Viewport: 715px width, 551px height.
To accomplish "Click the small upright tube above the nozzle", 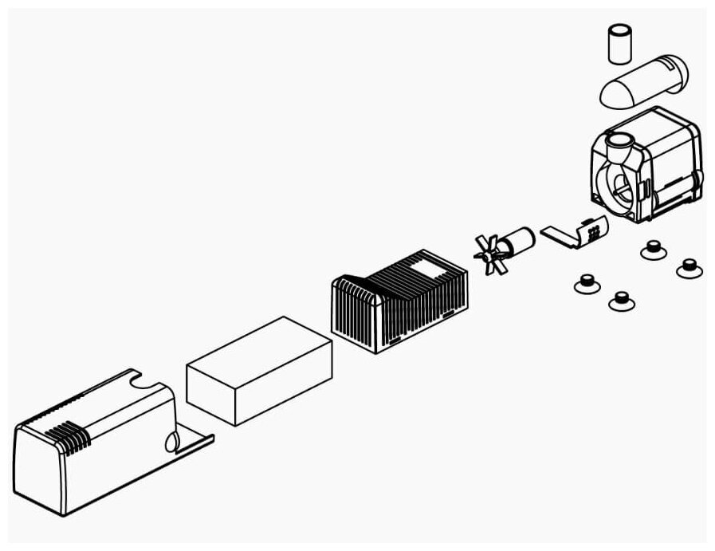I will point(619,44).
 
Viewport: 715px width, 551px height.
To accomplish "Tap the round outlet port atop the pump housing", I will point(618,147).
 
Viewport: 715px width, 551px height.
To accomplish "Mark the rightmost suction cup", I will point(689,268).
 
